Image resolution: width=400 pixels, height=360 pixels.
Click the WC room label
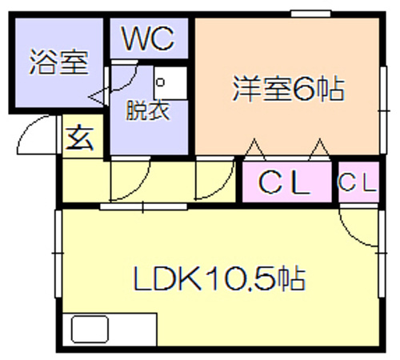coord(148,38)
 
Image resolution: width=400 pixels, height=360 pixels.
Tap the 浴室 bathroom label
coord(58,62)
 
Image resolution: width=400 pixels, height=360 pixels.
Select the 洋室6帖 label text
coord(289,89)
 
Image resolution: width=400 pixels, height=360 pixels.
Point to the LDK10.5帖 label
coord(219,278)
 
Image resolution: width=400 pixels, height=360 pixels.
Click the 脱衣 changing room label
coord(148,110)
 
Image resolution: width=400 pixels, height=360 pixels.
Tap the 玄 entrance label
coord(80,138)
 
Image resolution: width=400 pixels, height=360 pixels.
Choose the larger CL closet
coord(287,182)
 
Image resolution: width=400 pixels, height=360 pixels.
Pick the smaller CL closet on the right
coord(358,182)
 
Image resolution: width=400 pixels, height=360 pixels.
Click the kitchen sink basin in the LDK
coord(90,329)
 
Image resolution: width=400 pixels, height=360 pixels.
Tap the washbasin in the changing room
coord(170,82)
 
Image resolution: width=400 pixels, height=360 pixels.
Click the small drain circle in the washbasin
coord(160,82)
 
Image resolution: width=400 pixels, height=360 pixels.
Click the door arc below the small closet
coord(352,233)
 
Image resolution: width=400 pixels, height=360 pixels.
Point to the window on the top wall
coord(311,14)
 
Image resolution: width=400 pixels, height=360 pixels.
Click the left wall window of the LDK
coord(58,254)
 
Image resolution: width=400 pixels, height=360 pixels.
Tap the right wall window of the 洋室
coord(383,110)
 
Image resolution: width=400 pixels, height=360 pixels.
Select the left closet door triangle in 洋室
coord(255,149)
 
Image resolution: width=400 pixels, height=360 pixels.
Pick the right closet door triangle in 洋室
coord(319,149)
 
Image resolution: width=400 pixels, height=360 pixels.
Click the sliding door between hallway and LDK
coord(143,206)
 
